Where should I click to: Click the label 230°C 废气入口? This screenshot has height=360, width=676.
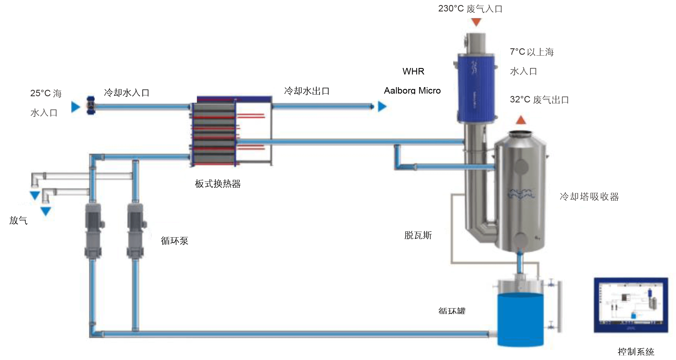(x=470, y=9)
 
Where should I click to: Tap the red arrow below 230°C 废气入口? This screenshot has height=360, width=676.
(x=476, y=22)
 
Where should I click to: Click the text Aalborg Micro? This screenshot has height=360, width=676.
(x=412, y=91)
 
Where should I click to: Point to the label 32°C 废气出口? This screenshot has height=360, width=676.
(x=539, y=100)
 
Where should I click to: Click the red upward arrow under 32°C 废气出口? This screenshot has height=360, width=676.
(x=521, y=120)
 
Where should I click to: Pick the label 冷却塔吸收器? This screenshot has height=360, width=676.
(x=589, y=197)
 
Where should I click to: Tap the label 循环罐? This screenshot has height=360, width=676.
(x=452, y=311)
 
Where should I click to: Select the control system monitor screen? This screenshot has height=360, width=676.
(x=631, y=305)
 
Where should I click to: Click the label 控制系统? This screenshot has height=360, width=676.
(x=636, y=351)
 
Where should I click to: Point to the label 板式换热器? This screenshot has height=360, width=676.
(x=218, y=184)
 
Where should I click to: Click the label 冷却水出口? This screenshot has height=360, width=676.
(x=307, y=91)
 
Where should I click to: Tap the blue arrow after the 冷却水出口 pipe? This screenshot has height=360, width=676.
(x=382, y=106)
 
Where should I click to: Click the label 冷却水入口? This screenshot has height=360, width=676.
(x=127, y=93)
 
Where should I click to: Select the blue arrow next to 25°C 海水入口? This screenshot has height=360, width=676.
(x=76, y=107)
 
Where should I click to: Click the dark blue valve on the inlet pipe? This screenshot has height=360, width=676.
(x=91, y=105)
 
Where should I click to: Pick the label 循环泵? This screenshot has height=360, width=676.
(x=174, y=241)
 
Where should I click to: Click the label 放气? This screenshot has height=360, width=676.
(x=18, y=220)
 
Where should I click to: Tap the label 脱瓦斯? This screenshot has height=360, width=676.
(x=418, y=235)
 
